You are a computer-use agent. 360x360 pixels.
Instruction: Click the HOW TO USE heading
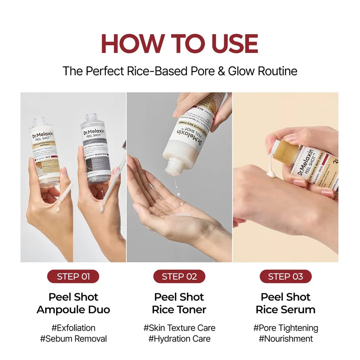click(180, 44)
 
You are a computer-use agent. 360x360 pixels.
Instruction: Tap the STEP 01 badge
click(73, 276)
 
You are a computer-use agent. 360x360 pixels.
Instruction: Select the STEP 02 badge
click(179, 276)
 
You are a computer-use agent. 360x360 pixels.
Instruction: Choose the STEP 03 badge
click(285, 276)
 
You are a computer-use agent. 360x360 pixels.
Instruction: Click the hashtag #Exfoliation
click(73, 328)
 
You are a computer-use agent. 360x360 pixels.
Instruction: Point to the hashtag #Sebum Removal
click(73, 339)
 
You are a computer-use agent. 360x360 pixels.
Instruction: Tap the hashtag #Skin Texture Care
click(179, 328)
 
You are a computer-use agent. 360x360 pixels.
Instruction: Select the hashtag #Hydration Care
click(179, 339)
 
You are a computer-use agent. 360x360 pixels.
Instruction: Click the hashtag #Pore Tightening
click(285, 328)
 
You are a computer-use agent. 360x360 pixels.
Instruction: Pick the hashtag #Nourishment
click(285, 339)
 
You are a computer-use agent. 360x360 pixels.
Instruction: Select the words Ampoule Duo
click(73, 310)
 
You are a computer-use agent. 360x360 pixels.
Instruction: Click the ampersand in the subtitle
click(221, 71)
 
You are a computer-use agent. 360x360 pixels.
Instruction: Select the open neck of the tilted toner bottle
click(173, 167)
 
